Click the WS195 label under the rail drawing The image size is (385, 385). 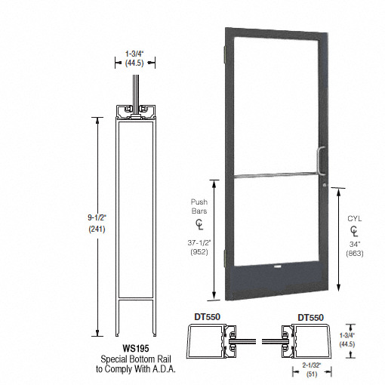136,348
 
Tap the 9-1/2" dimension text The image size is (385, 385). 97,217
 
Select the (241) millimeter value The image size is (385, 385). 97,229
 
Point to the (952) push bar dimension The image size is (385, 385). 199,252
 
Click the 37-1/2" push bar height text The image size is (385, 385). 199,243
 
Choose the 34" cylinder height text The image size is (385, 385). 355,244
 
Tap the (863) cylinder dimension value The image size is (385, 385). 355,254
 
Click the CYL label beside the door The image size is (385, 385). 355,219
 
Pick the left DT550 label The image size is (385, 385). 208,317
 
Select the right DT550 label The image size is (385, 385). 311,318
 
